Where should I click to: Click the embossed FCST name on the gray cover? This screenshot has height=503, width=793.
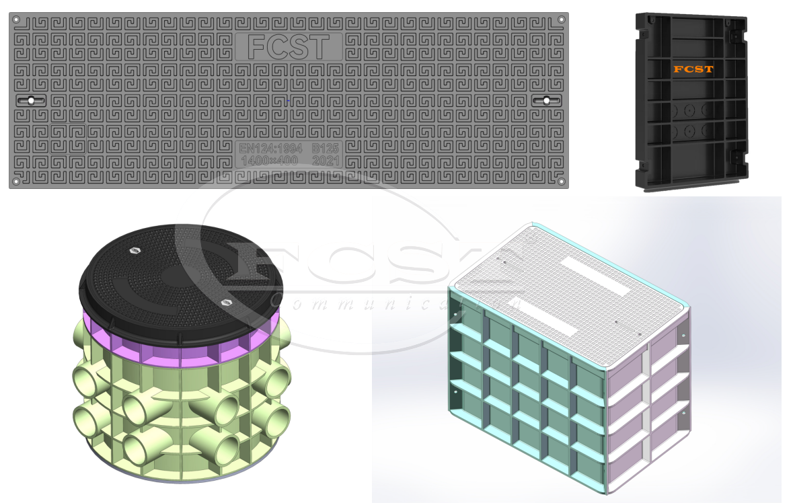(x=289, y=47)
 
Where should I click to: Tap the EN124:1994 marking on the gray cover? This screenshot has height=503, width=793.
(x=270, y=147)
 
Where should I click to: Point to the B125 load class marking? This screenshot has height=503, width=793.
(x=326, y=147)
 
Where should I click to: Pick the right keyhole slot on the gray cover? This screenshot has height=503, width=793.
(x=547, y=100)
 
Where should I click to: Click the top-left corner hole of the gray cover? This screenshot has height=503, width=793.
(x=16, y=20)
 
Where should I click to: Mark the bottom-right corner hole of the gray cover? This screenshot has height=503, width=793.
(x=561, y=181)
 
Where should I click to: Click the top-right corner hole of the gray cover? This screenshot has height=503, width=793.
(x=561, y=20)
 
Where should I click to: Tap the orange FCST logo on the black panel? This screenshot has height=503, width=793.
(x=693, y=69)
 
